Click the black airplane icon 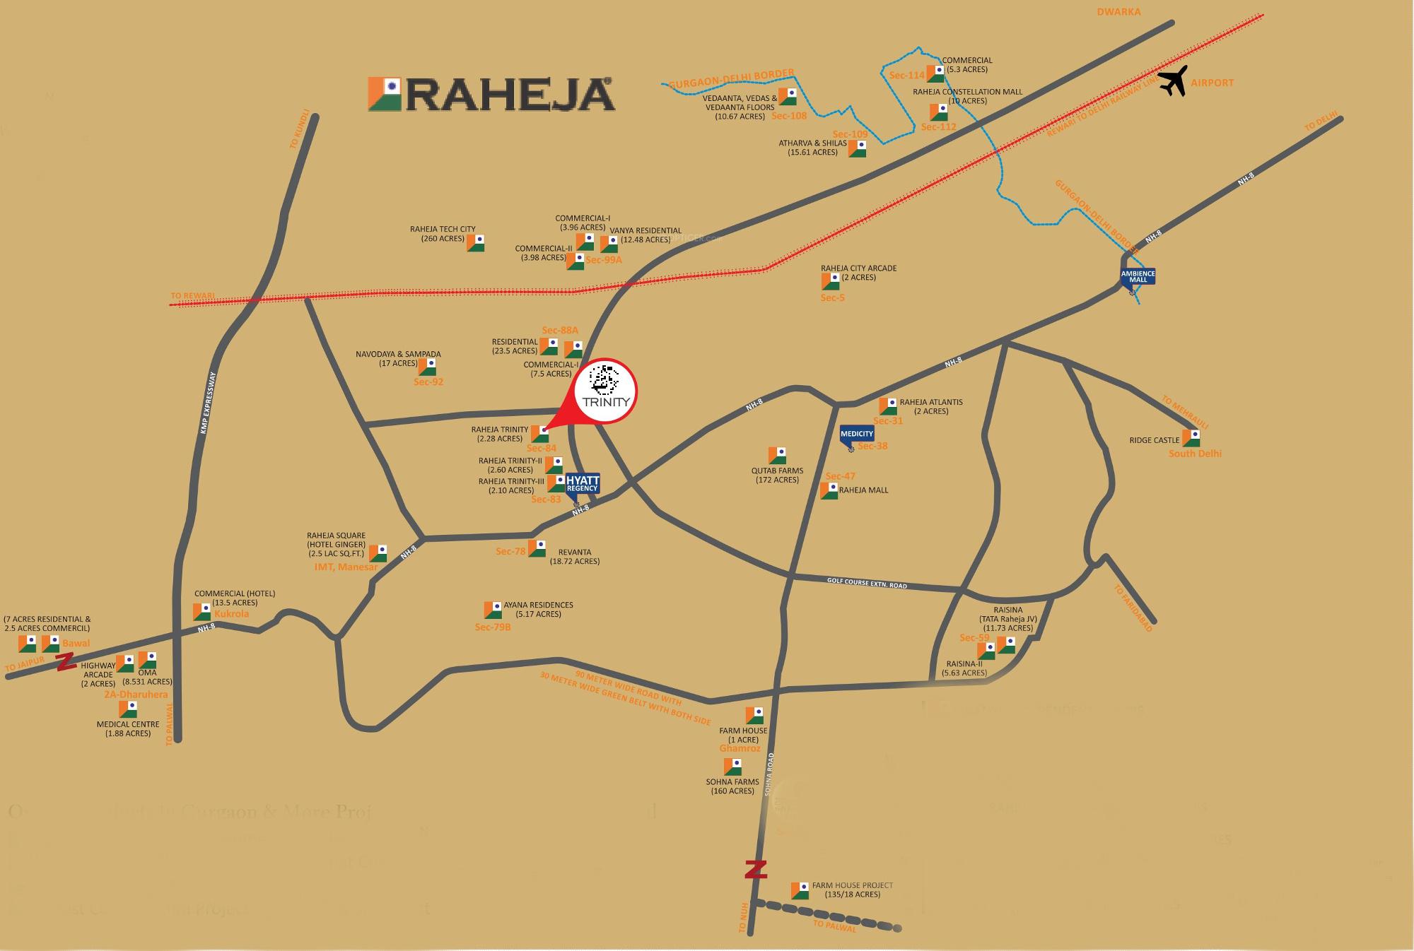pyautogui.click(x=1173, y=81)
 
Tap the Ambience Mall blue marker pyautogui.click(x=1138, y=276)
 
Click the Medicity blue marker pyautogui.click(x=857, y=435)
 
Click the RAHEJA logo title pyautogui.click(x=491, y=95)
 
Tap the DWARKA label pyautogui.click(x=1118, y=11)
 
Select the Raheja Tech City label pyautogui.click(x=443, y=234)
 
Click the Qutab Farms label pyautogui.click(x=777, y=475)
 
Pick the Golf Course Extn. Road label pyautogui.click(x=867, y=584)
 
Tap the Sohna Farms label pyautogui.click(x=732, y=786)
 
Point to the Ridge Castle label pyautogui.click(x=1155, y=440)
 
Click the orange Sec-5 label pyautogui.click(x=832, y=298)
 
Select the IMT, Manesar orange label pyautogui.click(x=346, y=567)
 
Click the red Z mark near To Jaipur pyautogui.click(x=66, y=662)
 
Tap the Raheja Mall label pyautogui.click(x=863, y=490)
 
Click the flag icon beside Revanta pyautogui.click(x=537, y=548)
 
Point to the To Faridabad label pyautogui.click(x=1133, y=608)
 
